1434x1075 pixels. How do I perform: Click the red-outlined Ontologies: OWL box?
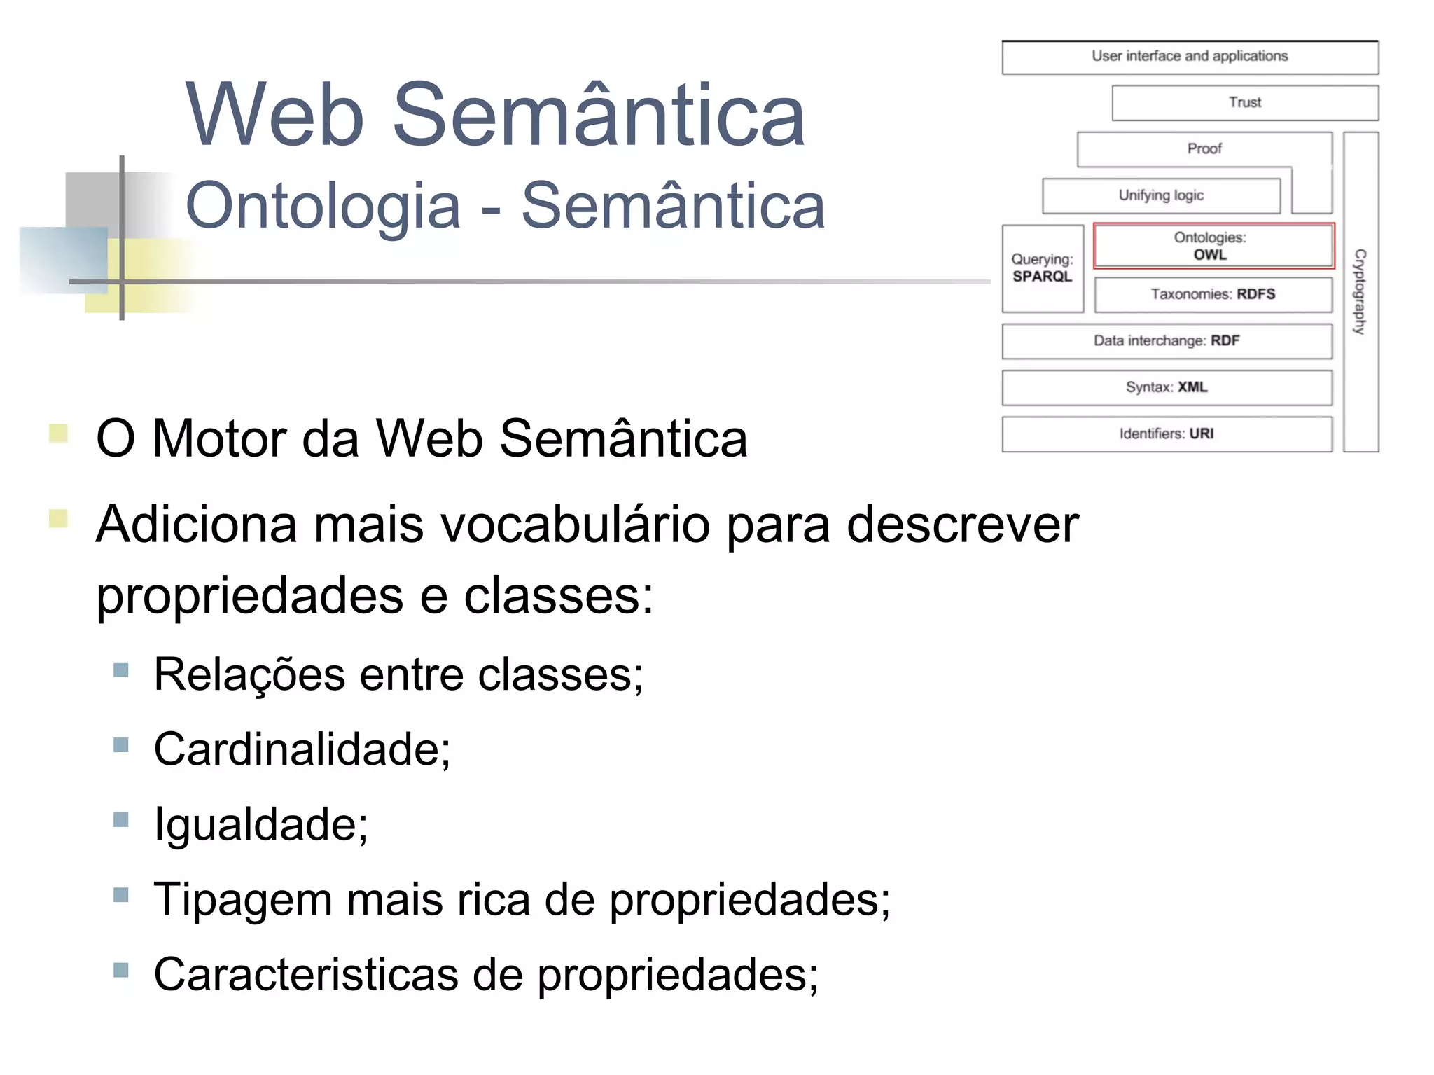[x=1213, y=246]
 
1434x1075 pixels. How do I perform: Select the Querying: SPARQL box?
[x=1042, y=268]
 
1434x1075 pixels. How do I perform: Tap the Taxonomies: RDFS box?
[x=1213, y=294]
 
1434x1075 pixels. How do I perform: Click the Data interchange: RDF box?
[x=1167, y=341]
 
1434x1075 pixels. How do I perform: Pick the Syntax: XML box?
[x=1167, y=387]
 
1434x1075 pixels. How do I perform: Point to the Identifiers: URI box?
[x=1167, y=434]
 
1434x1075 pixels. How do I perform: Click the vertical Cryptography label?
[x=1360, y=291]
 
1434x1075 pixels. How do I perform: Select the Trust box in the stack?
[x=1245, y=103]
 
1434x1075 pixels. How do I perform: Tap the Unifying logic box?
[x=1161, y=195]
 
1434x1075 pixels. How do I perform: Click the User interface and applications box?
[x=1190, y=57]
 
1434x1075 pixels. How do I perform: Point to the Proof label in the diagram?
[x=1204, y=148]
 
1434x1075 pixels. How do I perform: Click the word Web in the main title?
[x=275, y=116]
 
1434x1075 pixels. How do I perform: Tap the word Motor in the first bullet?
[x=219, y=439]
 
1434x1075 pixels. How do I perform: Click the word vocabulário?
[x=574, y=525]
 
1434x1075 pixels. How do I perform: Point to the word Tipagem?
[x=242, y=899]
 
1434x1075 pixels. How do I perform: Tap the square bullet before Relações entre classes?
[x=121, y=670]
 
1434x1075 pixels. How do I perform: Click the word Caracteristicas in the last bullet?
[x=305, y=974]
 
